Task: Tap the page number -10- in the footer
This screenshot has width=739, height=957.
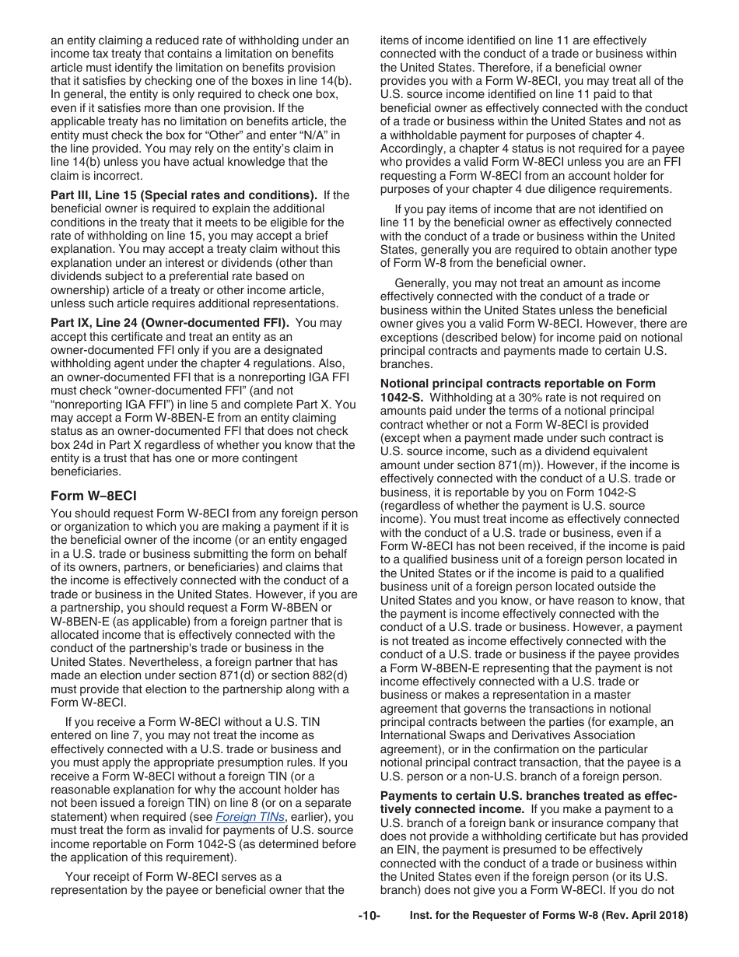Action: pyautogui.click(x=369, y=916)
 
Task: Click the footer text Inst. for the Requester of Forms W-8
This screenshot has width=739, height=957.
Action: pyautogui.click(x=548, y=916)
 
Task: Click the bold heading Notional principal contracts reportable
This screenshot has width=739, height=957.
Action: pyautogui.click(x=517, y=384)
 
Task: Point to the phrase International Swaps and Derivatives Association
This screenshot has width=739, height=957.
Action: pyautogui.click(x=506, y=735)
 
